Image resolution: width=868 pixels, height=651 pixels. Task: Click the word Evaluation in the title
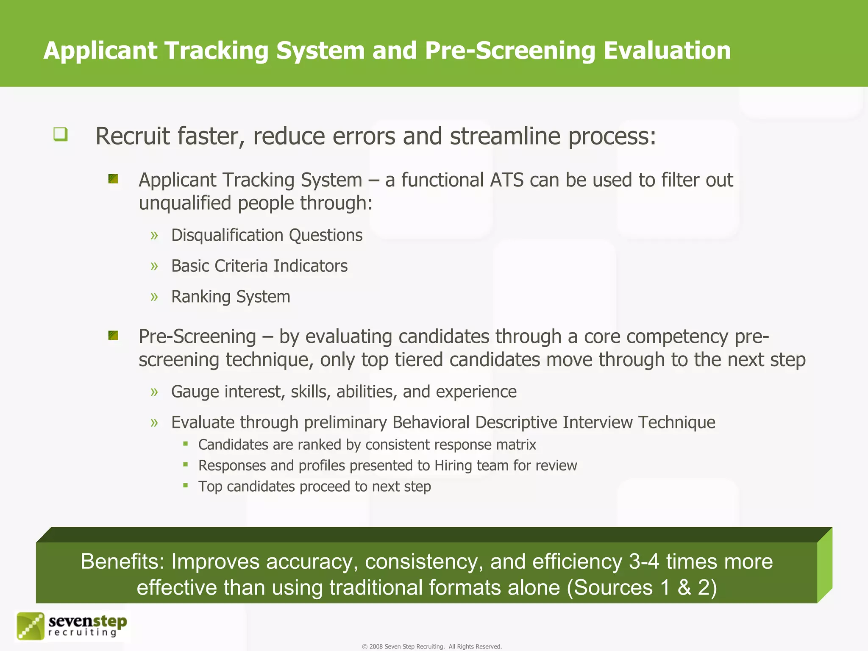click(x=667, y=50)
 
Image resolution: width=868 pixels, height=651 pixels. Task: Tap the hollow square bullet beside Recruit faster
click(x=60, y=134)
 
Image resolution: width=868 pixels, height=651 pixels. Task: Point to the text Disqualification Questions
click(x=267, y=235)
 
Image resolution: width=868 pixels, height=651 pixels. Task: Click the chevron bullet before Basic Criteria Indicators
click(x=154, y=266)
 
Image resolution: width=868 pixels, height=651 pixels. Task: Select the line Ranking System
click(x=231, y=297)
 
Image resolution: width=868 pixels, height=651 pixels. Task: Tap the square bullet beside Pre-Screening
click(x=113, y=336)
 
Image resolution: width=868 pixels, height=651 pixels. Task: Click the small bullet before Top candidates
click(x=186, y=485)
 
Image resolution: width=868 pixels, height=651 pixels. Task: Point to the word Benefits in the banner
click(x=122, y=562)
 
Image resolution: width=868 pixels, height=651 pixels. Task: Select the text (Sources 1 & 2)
click(x=642, y=588)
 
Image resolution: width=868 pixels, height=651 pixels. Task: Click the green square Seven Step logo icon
click(x=30, y=626)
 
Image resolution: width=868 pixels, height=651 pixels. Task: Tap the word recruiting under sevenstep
click(x=83, y=633)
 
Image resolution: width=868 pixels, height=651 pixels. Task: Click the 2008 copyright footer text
click(x=431, y=646)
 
